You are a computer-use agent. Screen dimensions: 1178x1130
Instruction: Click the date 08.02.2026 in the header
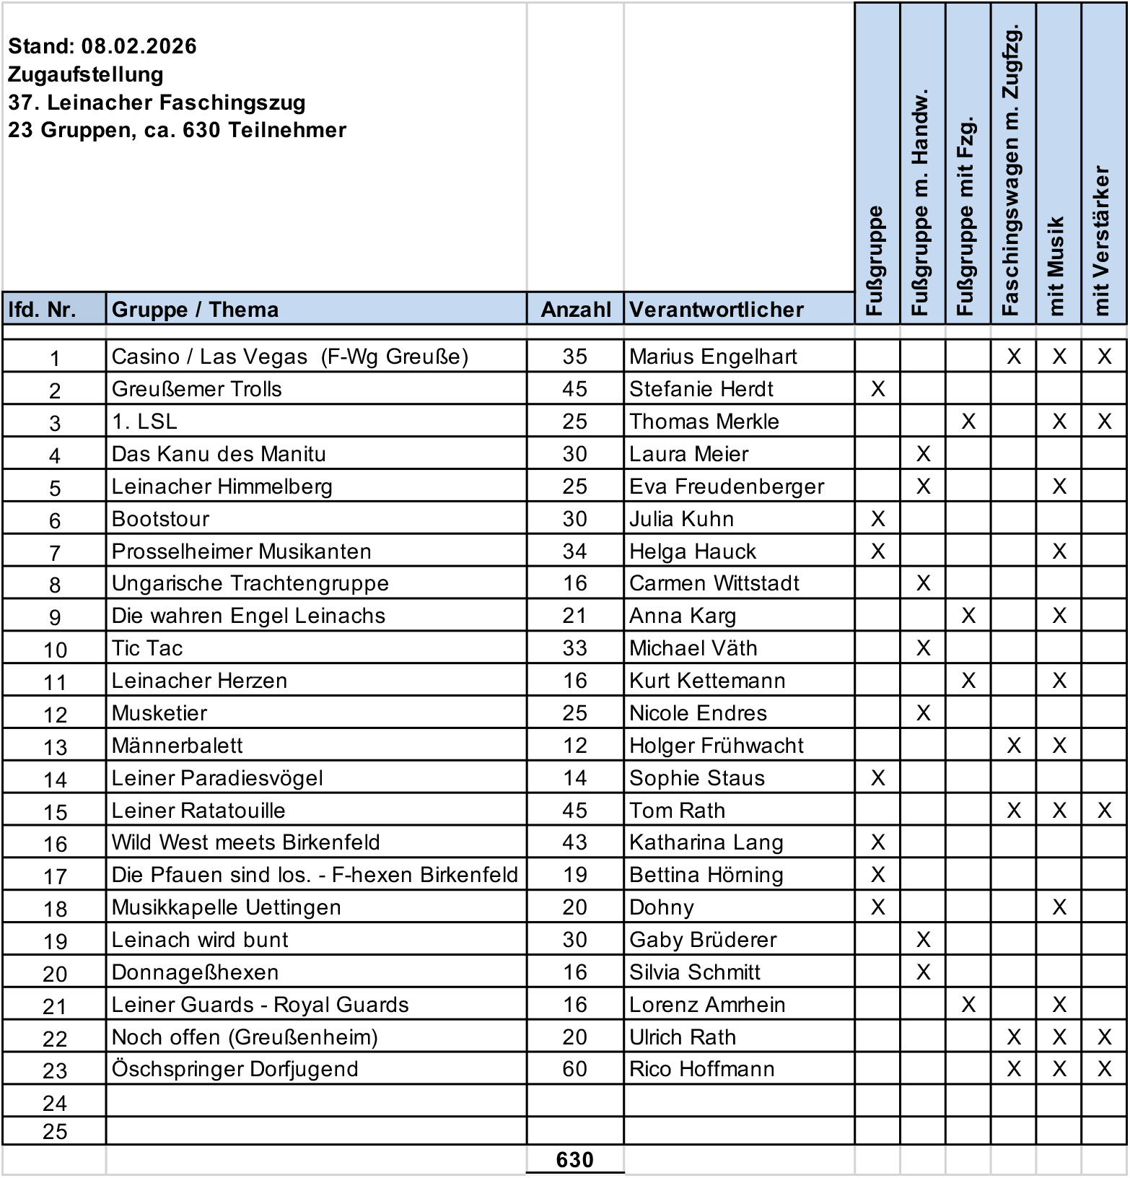pyautogui.click(x=139, y=46)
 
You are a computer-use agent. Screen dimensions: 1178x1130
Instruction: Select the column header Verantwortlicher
pyautogui.click(x=716, y=310)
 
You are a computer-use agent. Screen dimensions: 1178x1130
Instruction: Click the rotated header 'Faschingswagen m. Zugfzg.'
pyautogui.click(x=1012, y=170)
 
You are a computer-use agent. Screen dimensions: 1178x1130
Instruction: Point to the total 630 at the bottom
pyautogui.click(x=574, y=1159)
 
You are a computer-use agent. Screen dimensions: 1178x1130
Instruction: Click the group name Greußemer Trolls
pyautogui.click(x=196, y=389)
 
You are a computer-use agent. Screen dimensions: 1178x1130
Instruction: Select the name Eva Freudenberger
pyautogui.click(x=726, y=487)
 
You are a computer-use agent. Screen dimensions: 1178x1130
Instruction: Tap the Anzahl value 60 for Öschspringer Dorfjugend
pyautogui.click(x=574, y=1068)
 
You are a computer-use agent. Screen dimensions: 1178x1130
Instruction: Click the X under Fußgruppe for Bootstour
pyautogui.click(x=877, y=519)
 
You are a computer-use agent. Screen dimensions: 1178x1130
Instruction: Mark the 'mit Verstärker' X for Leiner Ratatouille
pyautogui.click(x=1104, y=811)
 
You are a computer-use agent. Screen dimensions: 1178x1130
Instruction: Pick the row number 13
pyautogui.click(x=55, y=747)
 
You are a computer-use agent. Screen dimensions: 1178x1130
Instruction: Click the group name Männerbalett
pyautogui.click(x=177, y=746)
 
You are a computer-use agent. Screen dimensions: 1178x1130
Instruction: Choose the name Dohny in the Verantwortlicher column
pyautogui.click(x=661, y=907)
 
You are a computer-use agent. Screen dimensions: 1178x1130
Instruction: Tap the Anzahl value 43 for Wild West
pyautogui.click(x=574, y=842)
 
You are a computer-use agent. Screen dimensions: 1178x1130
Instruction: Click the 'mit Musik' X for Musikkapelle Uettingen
pyautogui.click(x=1059, y=907)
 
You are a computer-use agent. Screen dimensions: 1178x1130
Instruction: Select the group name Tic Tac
pyautogui.click(x=147, y=648)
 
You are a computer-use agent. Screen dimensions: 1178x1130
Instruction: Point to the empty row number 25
pyautogui.click(x=55, y=1131)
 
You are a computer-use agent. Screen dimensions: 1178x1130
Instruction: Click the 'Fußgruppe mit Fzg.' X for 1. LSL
pyautogui.click(x=968, y=422)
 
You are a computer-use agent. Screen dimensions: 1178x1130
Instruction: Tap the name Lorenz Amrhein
pyautogui.click(x=706, y=1005)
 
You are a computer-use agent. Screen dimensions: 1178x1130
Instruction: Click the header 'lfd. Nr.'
pyautogui.click(x=42, y=310)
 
